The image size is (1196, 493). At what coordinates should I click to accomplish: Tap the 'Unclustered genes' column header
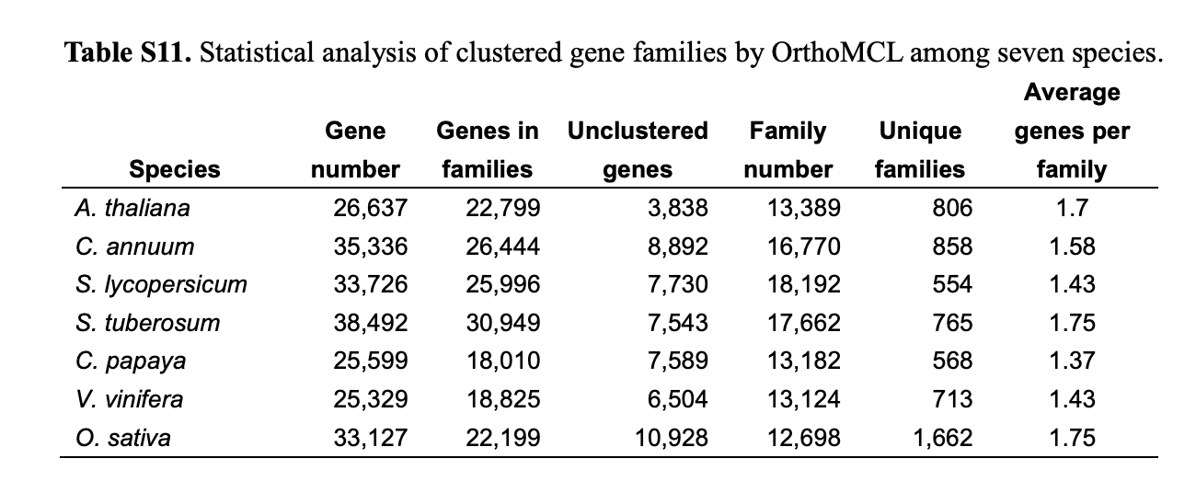click(638, 150)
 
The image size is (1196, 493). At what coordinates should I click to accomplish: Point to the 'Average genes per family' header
click(1072, 131)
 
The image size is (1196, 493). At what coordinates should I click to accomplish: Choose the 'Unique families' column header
click(920, 150)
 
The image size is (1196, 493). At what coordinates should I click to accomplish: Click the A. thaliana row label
click(132, 208)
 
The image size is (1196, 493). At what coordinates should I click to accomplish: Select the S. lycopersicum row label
click(161, 284)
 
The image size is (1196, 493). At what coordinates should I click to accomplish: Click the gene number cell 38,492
click(371, 323)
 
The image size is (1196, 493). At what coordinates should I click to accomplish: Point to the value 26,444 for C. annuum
click(503, 246)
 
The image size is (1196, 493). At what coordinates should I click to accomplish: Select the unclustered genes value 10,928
click(672, 438)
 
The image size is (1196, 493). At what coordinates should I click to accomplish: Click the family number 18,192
click(803, 284)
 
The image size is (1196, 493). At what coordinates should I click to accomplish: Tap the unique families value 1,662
click(941, 438)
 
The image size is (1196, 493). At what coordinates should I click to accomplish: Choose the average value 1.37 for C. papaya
click(1072, 361)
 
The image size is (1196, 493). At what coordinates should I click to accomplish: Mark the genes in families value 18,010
click(503, 361)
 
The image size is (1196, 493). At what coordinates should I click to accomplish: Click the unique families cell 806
click(951, 208)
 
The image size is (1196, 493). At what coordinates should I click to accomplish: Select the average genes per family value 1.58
click(1072, 246)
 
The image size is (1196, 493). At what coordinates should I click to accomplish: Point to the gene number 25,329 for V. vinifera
click(371, 399)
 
